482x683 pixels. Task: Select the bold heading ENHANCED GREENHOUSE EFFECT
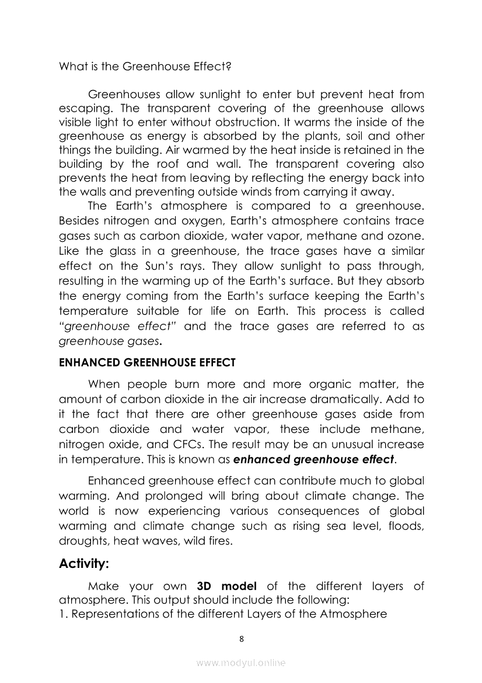coord(147,362)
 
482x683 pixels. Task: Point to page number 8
coord(242,639)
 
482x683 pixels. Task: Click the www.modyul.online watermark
coord(241,663)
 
